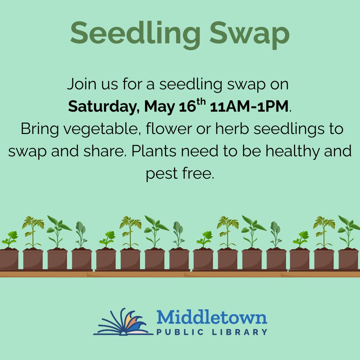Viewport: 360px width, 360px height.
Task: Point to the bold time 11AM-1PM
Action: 249,107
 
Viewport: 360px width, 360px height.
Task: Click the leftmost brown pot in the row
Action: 9,259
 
